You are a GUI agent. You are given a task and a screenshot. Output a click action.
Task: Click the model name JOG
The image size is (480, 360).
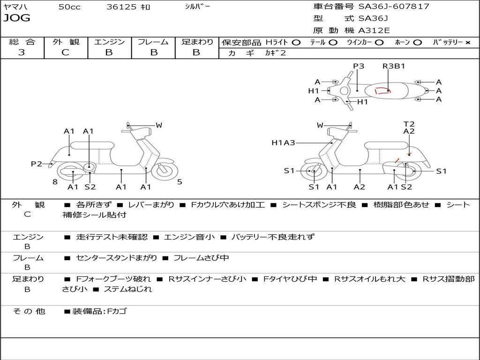point(17,18)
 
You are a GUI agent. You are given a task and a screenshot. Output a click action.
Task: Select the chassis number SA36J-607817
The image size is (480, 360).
point(394,6)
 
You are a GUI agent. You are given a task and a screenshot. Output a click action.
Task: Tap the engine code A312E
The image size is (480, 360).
point(374,30)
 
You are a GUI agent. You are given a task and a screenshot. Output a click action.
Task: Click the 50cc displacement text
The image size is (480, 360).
point(69,7)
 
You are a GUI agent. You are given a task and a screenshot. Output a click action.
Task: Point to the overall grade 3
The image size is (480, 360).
point(22,52)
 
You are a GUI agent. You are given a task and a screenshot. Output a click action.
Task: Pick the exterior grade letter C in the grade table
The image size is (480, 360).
point(65,52)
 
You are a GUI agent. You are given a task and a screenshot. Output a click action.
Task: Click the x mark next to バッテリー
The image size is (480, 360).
point(468,43)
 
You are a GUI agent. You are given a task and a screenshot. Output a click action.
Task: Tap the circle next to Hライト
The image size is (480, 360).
point(296,43)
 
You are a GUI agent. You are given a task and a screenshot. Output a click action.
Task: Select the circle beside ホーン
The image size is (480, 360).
point(418,43)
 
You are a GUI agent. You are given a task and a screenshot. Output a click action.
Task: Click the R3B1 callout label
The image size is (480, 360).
point(394,66)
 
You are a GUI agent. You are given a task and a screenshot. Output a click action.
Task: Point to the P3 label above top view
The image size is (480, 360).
point(359,66)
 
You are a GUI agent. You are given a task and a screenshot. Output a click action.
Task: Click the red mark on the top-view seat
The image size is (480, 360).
point(382,90)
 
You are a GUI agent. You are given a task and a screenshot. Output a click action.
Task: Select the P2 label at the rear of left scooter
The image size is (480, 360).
point(37,164)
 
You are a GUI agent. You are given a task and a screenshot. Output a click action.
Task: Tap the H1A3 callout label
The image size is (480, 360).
point(284,142)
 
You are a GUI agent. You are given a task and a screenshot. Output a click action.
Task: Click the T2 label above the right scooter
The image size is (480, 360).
point(409,124)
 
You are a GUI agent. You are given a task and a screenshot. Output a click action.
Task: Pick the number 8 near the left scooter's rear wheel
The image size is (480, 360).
point(55,182)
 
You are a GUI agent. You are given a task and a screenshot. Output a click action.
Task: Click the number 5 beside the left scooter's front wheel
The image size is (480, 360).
point(180,182)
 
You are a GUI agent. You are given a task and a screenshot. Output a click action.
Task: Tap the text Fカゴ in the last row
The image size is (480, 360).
point(117,311)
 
